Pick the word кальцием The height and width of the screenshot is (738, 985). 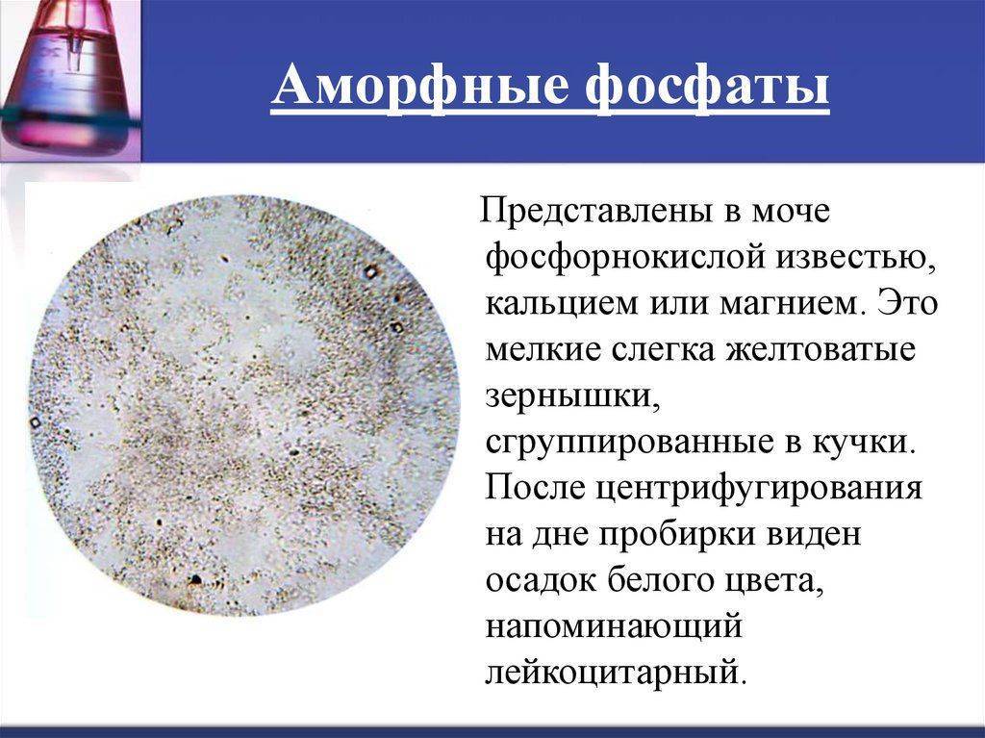[x=555, y=304]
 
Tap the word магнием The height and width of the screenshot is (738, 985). [x=787, y=304]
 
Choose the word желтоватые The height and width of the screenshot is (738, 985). [x=821, y=349]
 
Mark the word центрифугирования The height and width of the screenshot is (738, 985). [x=759, y=489]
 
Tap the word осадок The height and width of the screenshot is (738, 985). [x=541, y=581]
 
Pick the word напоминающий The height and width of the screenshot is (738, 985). [x=615, y=627]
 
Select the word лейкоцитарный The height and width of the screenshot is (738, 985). [x=617, y=673]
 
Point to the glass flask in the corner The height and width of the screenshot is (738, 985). [x=69, y=75]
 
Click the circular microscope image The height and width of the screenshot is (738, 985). [x=245, y=405]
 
